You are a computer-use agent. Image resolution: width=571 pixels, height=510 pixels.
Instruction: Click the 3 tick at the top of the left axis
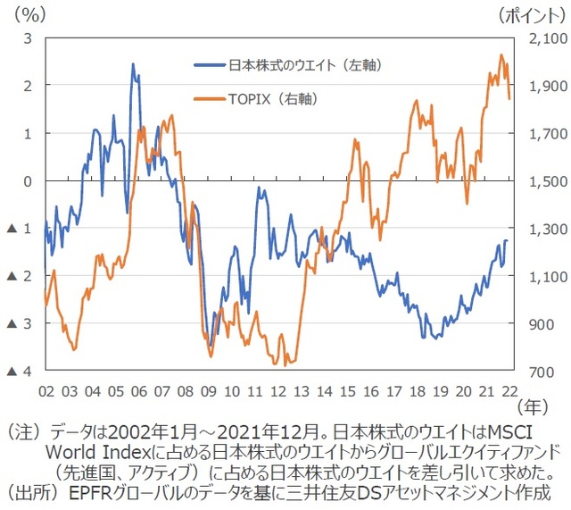point(28,38)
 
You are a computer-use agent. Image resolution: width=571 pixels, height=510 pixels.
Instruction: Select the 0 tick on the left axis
point(28,181)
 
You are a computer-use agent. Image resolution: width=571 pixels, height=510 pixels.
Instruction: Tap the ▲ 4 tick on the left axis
point(21,372)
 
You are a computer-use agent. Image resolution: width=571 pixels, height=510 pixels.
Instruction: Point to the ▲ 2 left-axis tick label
point(21,277)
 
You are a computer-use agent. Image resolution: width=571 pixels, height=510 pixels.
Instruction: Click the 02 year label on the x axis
point(46,391)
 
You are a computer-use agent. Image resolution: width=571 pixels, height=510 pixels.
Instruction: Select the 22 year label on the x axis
point(509,391)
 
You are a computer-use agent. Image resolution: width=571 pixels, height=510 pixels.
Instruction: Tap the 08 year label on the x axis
point(186,391)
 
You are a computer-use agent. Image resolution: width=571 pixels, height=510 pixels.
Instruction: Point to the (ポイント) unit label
point(532,15)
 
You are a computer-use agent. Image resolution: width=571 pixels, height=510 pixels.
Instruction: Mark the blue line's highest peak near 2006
point(133,64)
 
